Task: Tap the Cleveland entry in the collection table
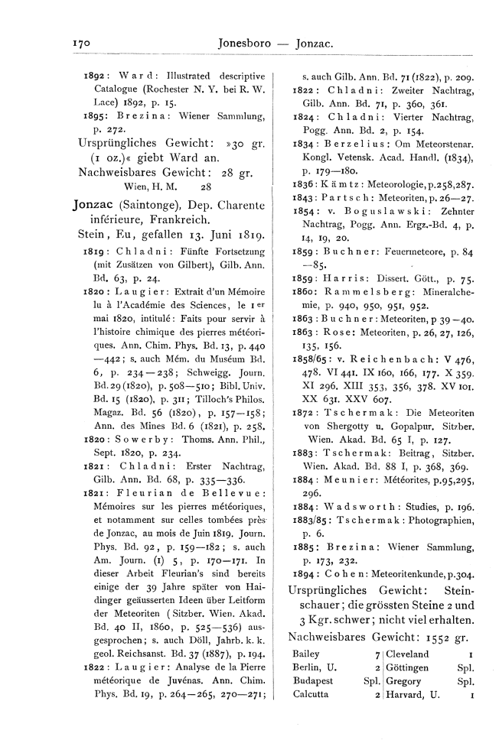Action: click(409, 654)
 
